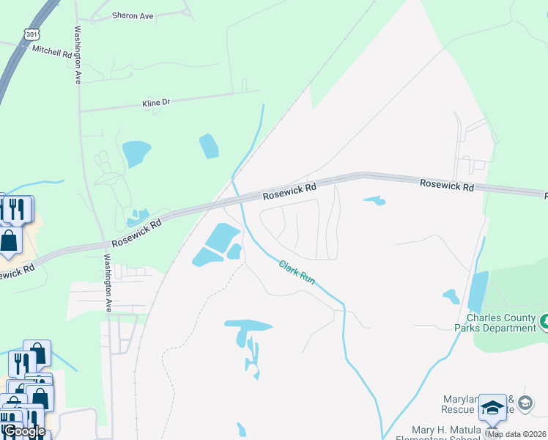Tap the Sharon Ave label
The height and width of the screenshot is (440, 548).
tap(133, 15)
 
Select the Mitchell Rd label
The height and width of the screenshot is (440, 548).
tap(52, 51)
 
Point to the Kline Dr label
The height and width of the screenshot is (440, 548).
tap(156, 103)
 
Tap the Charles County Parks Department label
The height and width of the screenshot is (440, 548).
tap(501, 323)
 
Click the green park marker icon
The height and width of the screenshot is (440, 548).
tap(545, 321)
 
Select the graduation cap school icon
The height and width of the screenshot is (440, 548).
tap(492, 408)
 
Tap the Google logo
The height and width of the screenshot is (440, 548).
tap(24, 430)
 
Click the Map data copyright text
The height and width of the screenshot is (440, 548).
tap(516, 434)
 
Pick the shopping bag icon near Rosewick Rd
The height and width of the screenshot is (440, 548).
tap(9, 241)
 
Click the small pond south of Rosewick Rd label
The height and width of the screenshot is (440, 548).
tap(375, 200)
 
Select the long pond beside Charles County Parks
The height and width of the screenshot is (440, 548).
tap(478, 291)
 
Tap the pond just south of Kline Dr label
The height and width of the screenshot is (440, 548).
tap(136, 153)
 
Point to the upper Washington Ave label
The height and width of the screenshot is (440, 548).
tap(77, 56)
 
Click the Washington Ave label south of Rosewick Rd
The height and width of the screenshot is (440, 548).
tap(107, 283)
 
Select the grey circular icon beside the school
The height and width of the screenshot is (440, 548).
tap(525, 403)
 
